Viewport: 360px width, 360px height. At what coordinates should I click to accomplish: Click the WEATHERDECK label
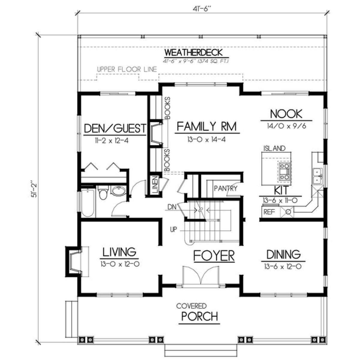pyautogui.click(x=193, y=52)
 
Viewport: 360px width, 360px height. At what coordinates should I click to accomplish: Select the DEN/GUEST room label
pyautogui.click(x=115, y=128)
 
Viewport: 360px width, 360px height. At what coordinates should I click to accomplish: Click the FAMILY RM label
pyautogui.click(x=207, y=127)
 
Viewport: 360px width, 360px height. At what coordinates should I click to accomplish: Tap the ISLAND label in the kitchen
pyautogui.click(x=274, y=148)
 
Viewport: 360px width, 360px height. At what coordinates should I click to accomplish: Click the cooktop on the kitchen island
pyautogui.click(x=284, y=171)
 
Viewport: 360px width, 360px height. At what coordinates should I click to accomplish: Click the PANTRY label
pyautogui.click(x=226, y=188)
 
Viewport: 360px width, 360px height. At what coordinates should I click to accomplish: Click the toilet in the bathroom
pyautogui.click(x=103, y=193)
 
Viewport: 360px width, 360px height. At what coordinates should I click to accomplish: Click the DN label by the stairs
pyautogui.click(x=172, y=207)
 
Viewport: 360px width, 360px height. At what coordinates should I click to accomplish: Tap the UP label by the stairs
pyautogui.click(x=173, y=229)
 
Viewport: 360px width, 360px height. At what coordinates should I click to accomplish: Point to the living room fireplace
pyautogui.click(x=74, y=262)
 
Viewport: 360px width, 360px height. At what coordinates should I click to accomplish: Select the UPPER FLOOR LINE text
pyautogui.click(x=127, y=70)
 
